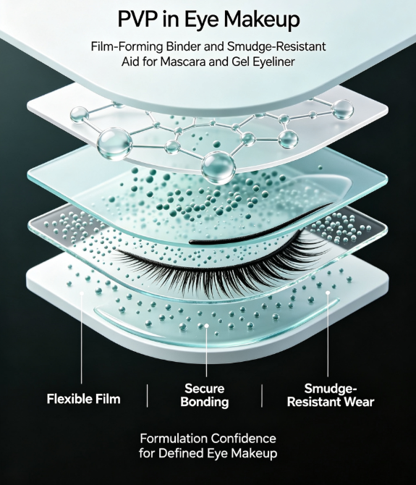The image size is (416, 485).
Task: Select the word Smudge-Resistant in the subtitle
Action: point(276,46)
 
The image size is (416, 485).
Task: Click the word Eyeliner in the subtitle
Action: point(273,62)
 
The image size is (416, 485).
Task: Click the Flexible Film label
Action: point(83,399)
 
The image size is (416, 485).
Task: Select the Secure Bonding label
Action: point(204,395)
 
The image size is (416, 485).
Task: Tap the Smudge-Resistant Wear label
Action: point(331,395)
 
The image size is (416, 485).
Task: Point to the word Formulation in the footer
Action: point(174,438)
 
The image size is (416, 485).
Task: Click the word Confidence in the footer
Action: point(243,438)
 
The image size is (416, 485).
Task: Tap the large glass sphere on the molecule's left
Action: point(114,145)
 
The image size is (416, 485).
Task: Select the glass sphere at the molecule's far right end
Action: point(342,109)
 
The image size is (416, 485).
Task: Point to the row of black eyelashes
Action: point(223,266)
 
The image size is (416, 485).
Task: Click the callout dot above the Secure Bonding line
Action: point(206,326)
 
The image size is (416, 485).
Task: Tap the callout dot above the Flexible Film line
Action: point(82,292)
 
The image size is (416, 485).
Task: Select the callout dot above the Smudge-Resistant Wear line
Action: point(328,292)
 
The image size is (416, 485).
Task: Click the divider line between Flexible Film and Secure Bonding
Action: point(147,396)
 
